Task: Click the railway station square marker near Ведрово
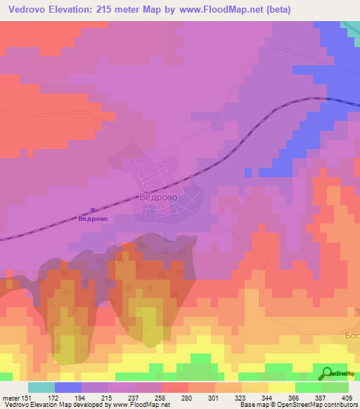pos(94,209)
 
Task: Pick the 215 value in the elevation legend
pos(107,397)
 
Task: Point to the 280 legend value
pos(187,397)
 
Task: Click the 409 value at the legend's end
pos(347,397)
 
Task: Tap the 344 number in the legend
pos(267,397)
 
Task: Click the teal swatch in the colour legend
pos(41,387)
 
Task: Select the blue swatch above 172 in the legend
pos(68,387)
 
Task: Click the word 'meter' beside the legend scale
pos(10,397)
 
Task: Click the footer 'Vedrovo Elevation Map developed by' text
pos(49,404)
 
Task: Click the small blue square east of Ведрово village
pos(247,171)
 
